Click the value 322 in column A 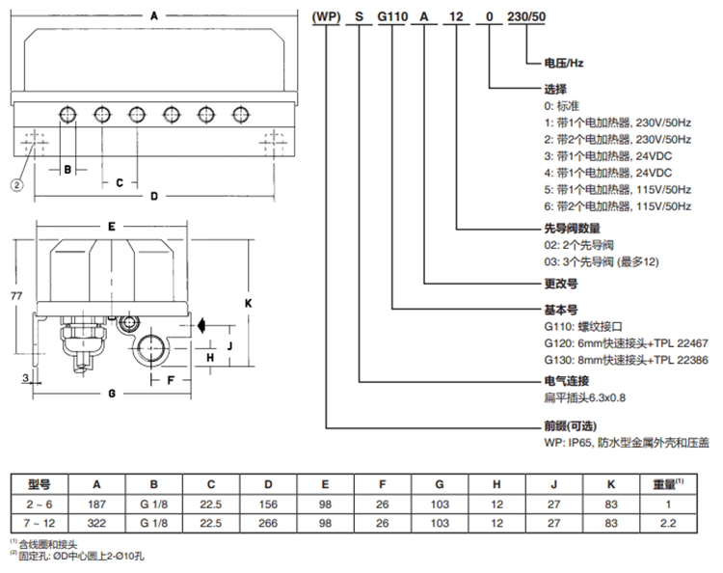click(96, 523)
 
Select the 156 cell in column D click(268, 505)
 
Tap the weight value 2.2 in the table click(668, 523)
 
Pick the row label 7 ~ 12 click(40, 523)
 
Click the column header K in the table click(611, 484)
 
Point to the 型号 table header click(40, 484)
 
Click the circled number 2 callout click(16, 185)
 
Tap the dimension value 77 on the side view click(16, 296)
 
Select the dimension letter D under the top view click(154, 197)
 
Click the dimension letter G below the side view click(112, 394)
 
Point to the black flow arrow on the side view click(201, 325)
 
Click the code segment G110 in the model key click(392, 16)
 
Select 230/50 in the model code click(526, 16)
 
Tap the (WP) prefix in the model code click(326, 16)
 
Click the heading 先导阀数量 click(573, 229)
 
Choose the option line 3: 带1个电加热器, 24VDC click(607, 156)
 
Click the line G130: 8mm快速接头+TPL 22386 click(626, 360)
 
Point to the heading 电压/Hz click(564, 63)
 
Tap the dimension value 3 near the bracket click(25, 378)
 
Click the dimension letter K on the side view click(249, 303)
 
